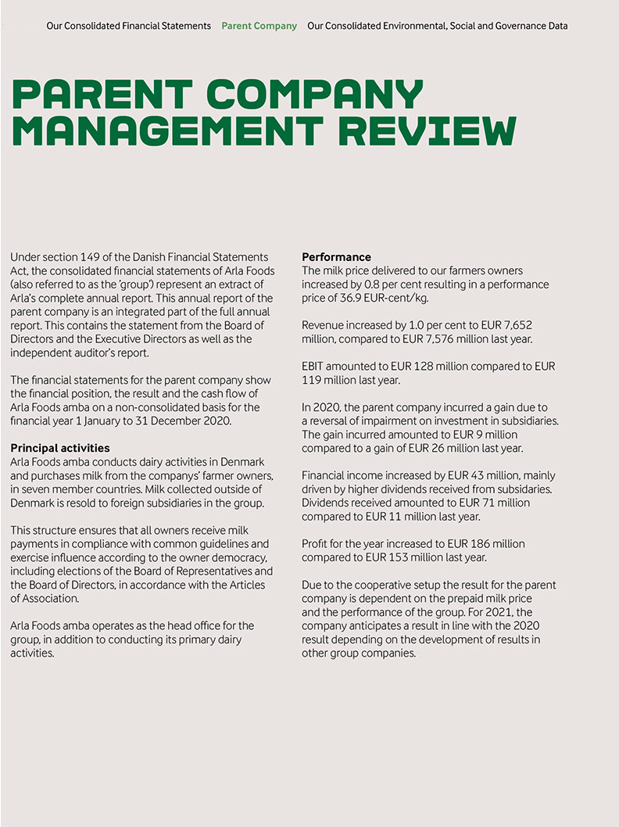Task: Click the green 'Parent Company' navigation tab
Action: click(x=259, y=26)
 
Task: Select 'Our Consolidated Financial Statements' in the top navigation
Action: click(x=128, y=26)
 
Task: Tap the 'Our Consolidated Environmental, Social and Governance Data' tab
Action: click(x=438, y=26)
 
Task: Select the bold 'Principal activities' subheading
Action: click(x=60, y=449)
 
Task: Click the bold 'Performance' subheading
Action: click(x=336, y=257)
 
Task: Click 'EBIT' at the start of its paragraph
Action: click(x=313, y=366)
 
